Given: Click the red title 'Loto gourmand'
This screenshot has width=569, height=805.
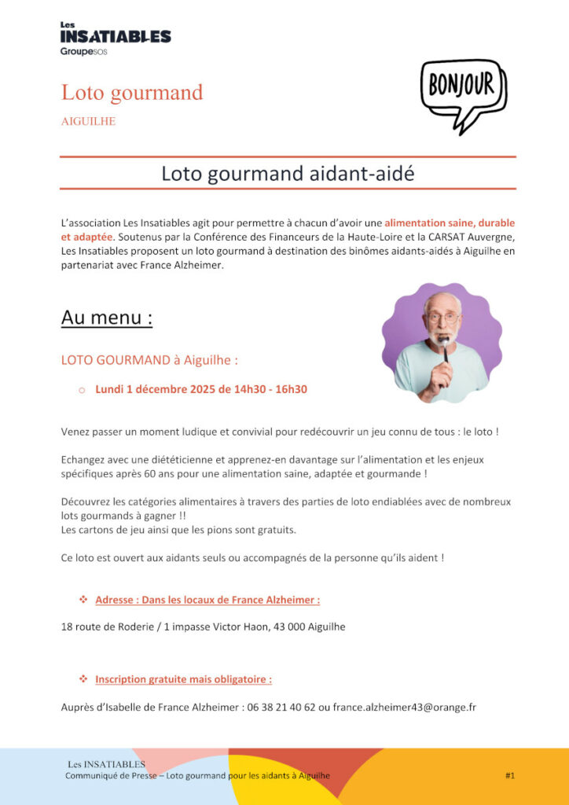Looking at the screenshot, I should pyautogui.click(x=132, y=93).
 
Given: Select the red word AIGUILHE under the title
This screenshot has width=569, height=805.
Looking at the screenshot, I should pyautogui.click(x=88, y=121).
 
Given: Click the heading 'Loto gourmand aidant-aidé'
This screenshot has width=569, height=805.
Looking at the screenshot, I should pyautogui.click(x=288, y=174).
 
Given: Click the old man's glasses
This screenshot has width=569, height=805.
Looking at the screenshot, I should pyautogui.click(x=444, y=317).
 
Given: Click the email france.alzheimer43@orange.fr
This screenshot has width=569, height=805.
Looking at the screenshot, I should pyautogui.click(x=404, y=707).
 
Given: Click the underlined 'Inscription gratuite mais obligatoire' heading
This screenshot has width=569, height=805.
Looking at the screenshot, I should pyautogui.click(x=184, y=679).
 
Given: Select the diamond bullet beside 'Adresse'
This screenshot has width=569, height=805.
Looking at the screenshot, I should pyautogui.click(x=83, y=600).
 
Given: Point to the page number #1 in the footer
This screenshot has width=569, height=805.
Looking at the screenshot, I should pyautogui.click(x=510, y=776).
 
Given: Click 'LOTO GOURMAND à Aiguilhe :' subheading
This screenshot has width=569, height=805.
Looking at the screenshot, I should pyautogui.click(x=149, y=360).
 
